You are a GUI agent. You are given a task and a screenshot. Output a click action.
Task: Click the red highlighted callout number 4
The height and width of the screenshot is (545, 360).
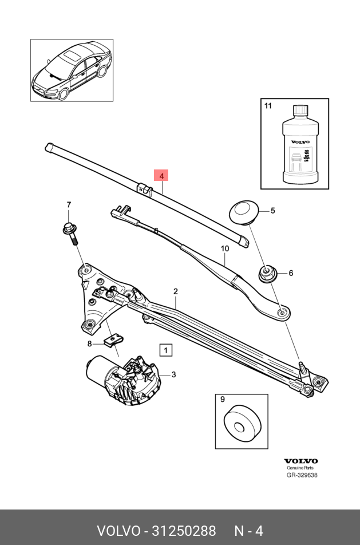[x=161, y=175]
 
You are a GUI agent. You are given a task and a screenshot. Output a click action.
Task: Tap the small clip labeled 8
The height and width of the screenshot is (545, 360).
[x=113, y=342]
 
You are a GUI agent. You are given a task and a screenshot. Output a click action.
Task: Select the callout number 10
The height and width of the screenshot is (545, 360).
[x=225, y=248]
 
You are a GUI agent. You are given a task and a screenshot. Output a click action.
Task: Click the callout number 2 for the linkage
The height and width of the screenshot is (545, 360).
[x=176, y=292]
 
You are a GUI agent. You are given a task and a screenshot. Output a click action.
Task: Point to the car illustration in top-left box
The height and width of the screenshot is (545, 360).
[x=72, y=70]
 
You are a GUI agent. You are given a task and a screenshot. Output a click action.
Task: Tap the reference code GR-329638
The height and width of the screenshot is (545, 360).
[x=302, y=475]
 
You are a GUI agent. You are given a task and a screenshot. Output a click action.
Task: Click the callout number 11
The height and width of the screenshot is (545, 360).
[x=268, y=105]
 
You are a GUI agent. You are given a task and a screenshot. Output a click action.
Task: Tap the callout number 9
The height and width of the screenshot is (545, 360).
[x=222, y=400]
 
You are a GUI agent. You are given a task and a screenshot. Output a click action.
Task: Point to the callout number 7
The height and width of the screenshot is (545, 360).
[x=69, y=205]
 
